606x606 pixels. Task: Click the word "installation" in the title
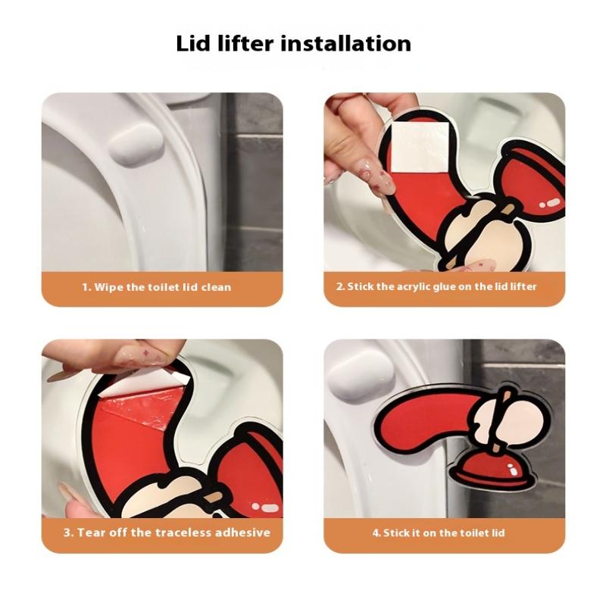(x=345, y=43)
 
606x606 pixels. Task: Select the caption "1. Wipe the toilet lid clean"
(x=157, y=287)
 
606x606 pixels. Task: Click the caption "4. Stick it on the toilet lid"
(x=439, y=533)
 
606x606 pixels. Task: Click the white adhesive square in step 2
(x=420, y=148)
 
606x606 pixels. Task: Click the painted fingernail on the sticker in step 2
(x=383, y=182)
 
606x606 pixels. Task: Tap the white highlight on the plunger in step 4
(x=514, y=470)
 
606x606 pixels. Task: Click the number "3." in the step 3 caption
(x=68, y=533)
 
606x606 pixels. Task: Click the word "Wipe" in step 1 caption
(x=108, y=287)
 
